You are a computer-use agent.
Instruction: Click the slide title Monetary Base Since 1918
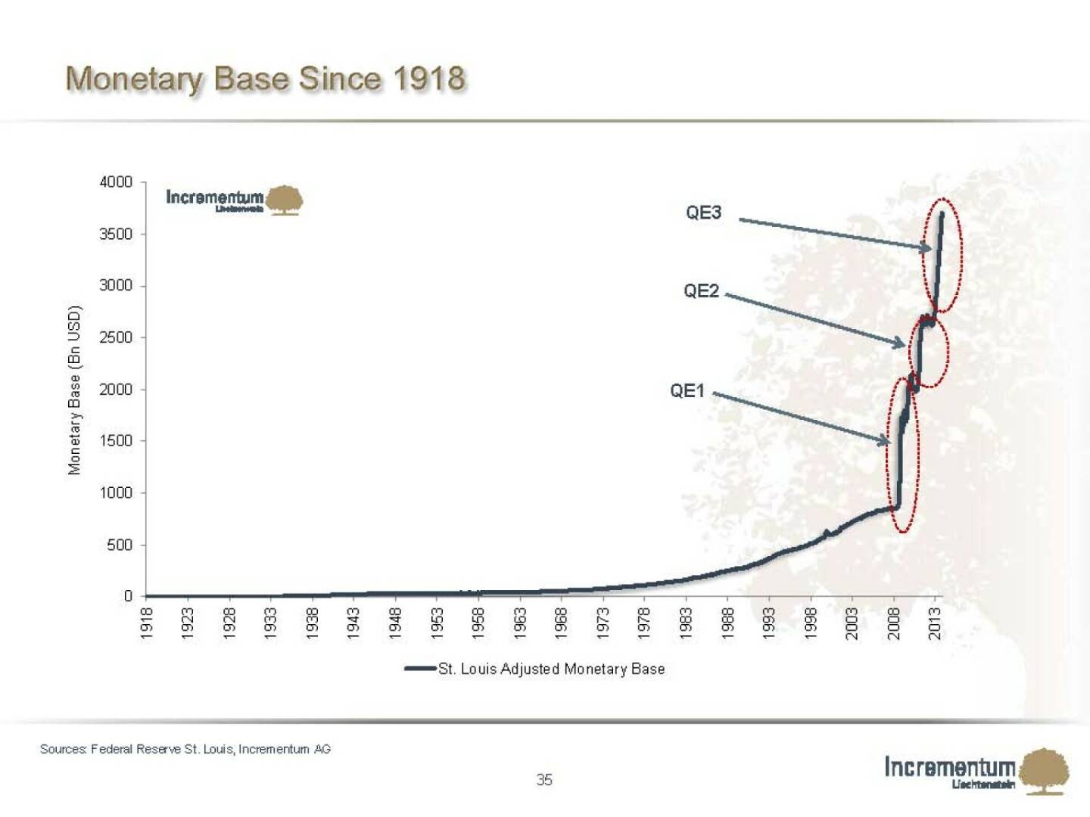pyautogui.click(x=265, y=79)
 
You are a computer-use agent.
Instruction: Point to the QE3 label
pyautogui.click(x=703, y=213)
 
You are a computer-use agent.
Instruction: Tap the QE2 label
pyautogui.click(x=701, y=291)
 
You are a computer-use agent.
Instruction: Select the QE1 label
pyautogui.click(x=687, y=391)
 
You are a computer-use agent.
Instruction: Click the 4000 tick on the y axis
pyautogui.click(x=116, y=182)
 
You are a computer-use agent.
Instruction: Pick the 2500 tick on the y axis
pyautogui.click(x=116, y=337)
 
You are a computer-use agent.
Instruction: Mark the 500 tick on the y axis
pyautogui.click(x=120, y=545)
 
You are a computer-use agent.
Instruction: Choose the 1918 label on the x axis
pyautogui.click(x=147, y=623)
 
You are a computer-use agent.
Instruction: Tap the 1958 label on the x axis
pyautogui.click(x=478, y=623)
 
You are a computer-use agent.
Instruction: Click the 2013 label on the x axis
pyautogui.click(x=935, y=623)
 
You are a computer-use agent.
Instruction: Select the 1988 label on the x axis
pyautogui.click(x=727, y=623)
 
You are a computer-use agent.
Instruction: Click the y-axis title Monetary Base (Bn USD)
pyautogui.click(x=74, y=390)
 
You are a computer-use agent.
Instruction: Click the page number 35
pyautogui.click(x=544, y=780)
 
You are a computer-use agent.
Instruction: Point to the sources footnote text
pyautogui.click(x=185, y=749)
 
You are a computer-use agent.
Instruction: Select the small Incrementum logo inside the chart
pyautogui.click(x=234, y=200)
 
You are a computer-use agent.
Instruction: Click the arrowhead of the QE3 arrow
pyautogui.click(x=928, y=247)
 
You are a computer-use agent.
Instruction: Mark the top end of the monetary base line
pyautogui.click(x=942, y=214)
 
